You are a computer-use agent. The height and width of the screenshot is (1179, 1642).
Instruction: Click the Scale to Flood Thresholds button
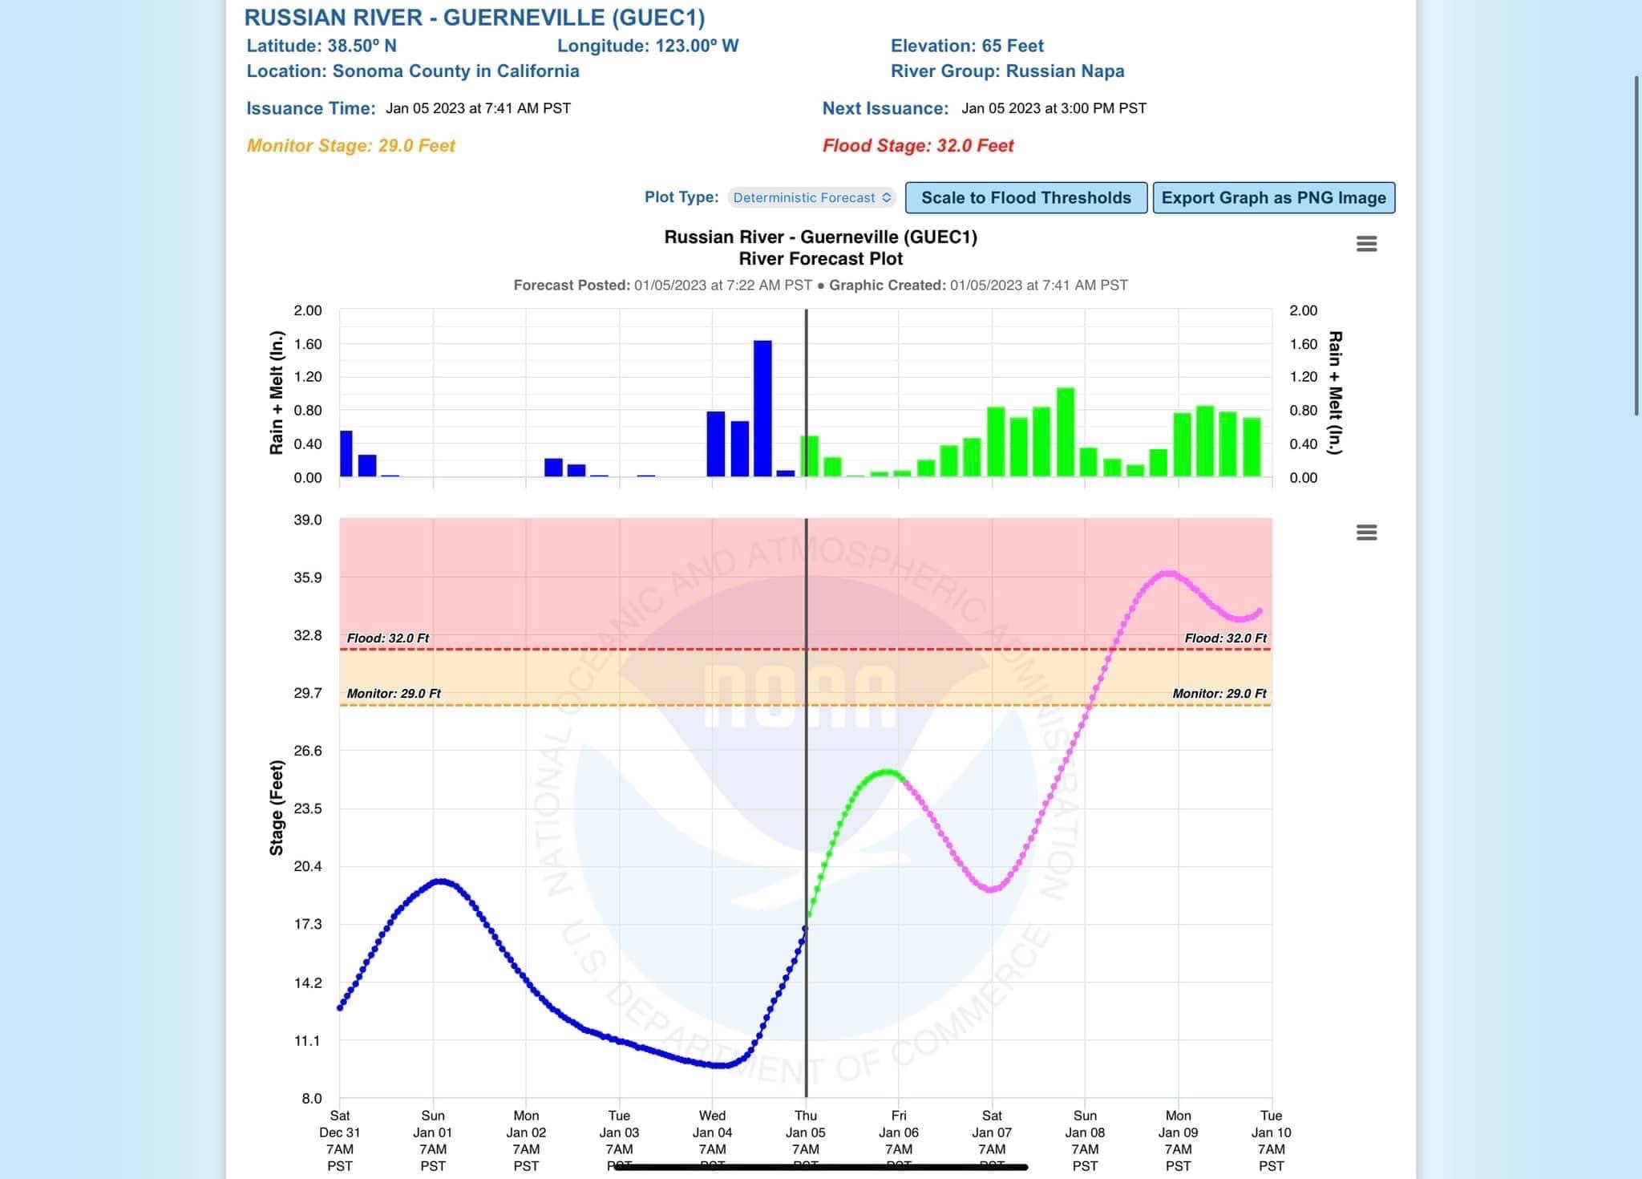[1025, 198]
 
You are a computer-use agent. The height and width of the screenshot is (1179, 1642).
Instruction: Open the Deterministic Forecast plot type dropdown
[811, 198]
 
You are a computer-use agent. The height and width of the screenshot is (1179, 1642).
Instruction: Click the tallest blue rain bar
[762, 408]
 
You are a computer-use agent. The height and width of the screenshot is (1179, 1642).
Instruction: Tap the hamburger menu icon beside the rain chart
[1366, 244]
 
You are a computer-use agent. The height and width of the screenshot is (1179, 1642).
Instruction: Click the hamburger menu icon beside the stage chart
[1366, 533]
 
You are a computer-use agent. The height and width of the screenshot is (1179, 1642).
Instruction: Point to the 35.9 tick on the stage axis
[308, 577]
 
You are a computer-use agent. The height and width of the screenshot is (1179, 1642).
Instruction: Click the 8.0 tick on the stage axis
[311, 1099]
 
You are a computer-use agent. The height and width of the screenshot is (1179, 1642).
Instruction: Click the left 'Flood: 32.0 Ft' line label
[388, 638]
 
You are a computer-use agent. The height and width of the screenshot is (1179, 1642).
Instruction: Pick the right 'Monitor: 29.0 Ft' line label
[1219, 694]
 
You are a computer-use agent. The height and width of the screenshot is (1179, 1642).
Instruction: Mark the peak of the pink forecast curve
[1169, 573]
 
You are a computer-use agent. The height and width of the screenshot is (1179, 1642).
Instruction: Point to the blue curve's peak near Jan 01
[440, 881]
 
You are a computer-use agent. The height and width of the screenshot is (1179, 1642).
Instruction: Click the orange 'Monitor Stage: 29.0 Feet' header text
[350, 146]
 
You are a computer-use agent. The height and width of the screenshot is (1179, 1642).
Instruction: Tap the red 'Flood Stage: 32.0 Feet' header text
[918, 146]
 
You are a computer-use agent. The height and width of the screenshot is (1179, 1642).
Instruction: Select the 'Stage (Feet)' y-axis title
[277, 808]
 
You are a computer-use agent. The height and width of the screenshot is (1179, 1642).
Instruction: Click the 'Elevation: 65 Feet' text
[967, 46]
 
